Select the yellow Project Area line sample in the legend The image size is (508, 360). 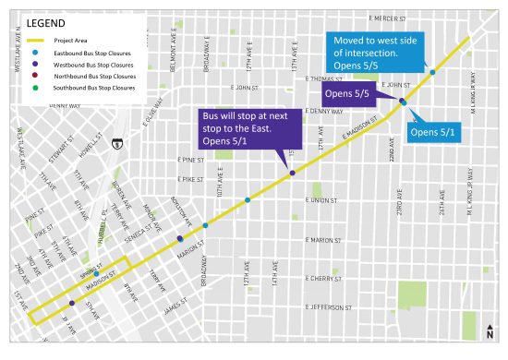point(37,42)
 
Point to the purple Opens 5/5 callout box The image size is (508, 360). point(346,94)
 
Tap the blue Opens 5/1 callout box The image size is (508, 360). point(435,132)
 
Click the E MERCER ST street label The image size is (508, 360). point(387,18)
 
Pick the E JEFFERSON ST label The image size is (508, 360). point(325,306)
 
